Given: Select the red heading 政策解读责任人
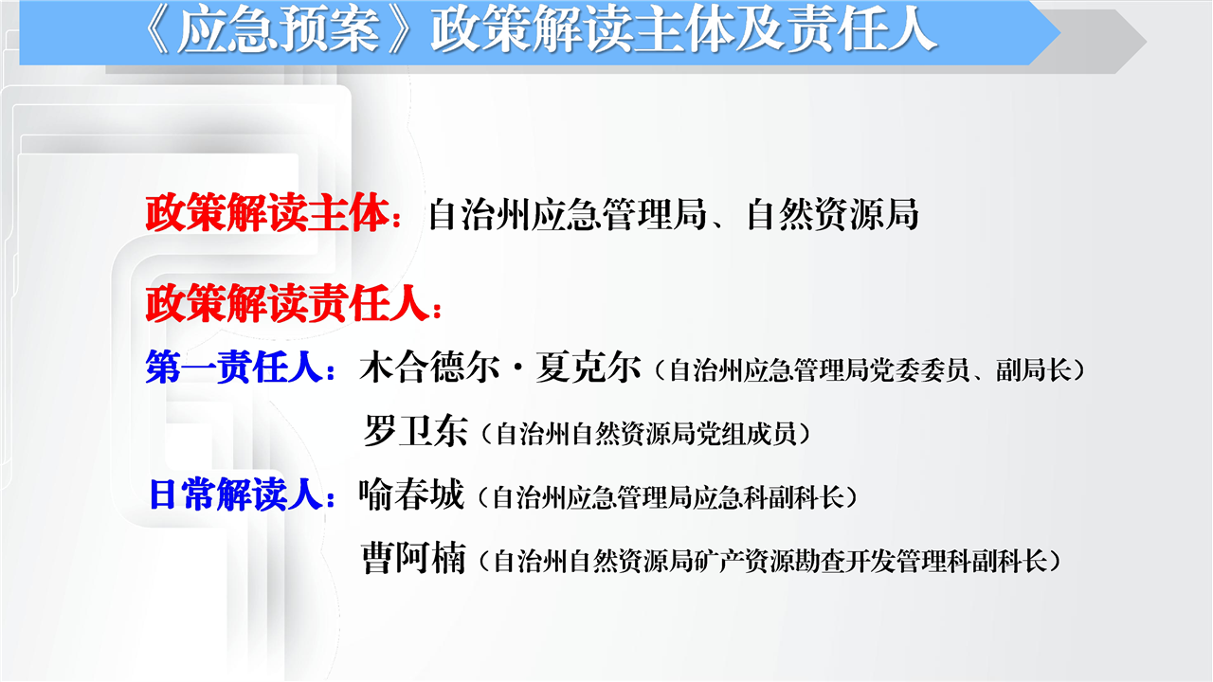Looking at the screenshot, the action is point(288,304).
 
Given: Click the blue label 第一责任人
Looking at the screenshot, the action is point(235,368).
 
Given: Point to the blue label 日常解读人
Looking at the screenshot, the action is point(237,494).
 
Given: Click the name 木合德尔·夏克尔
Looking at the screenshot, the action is point(500,368).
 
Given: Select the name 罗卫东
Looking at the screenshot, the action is point(415,431).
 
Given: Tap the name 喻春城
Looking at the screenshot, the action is point(412,494).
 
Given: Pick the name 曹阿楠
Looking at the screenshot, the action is point(414,558).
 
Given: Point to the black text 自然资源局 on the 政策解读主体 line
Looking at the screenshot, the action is point(832,214).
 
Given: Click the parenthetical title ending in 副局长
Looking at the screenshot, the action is point(870,370).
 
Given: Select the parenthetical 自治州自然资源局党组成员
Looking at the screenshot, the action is point(646,434).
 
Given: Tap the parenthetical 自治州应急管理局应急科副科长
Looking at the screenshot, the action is point(668,497).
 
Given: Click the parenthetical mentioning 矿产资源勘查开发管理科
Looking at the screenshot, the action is point(770,561).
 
